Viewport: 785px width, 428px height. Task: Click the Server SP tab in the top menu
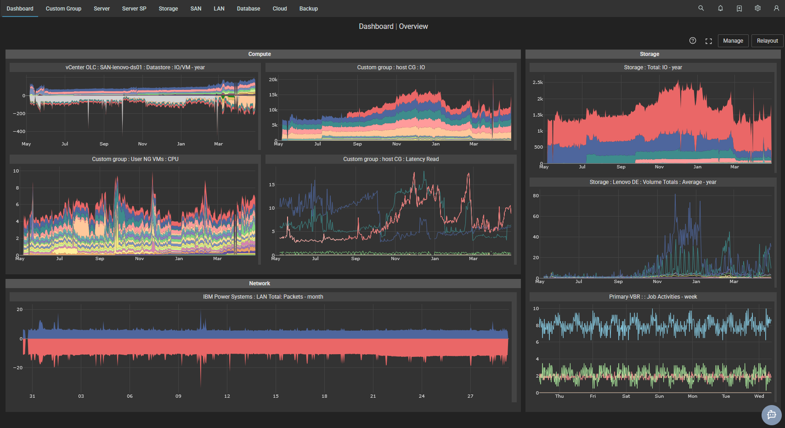pyautogui.click(x=134, y=9)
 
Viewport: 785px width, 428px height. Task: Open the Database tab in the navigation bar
pyautogui.click(x=248, y=9)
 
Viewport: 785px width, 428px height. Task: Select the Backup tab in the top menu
pyautogui.click(x=309, y=9)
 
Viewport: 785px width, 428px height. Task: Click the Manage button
pyautogui.click(x=733, y=41)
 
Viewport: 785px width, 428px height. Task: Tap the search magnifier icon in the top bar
pyautogui.click(x=701, y=8)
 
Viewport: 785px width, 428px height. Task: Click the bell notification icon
pyautogui.click(x=720, y=8)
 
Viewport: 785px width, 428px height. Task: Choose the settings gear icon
pyautogui.click(x=757, y=8)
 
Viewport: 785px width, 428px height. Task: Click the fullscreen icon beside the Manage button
pyautogui.click(x=709, y=41)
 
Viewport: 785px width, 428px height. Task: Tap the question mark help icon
pyautogui.click(x=693, y=41)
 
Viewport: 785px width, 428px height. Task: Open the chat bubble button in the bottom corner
pyautogui.click(x=772, y=415)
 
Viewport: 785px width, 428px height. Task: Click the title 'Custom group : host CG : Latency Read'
pyautogui.click(x=391, y=159)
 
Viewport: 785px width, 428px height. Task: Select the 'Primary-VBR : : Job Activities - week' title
pyautogui.click(x=653, y=297)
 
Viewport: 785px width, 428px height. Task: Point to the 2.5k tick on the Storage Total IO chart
pyautogui.click(x=537, y=83)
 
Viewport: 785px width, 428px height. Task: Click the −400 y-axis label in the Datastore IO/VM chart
pyautogui.click(x=19, y=132)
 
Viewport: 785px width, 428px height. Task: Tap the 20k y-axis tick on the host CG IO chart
pyautogui.click(x=273, y=80)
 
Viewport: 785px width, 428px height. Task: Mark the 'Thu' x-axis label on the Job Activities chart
pyautogui.click(x=559, y=396)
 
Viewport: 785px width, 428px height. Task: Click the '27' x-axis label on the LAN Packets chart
pyautogui.click(x=470, y=396)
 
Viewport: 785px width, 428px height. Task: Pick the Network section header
pyautogui.click(x=260, y=283)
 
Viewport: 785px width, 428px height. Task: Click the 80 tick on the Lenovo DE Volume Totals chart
pyautogui.click(x=536, y=196)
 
